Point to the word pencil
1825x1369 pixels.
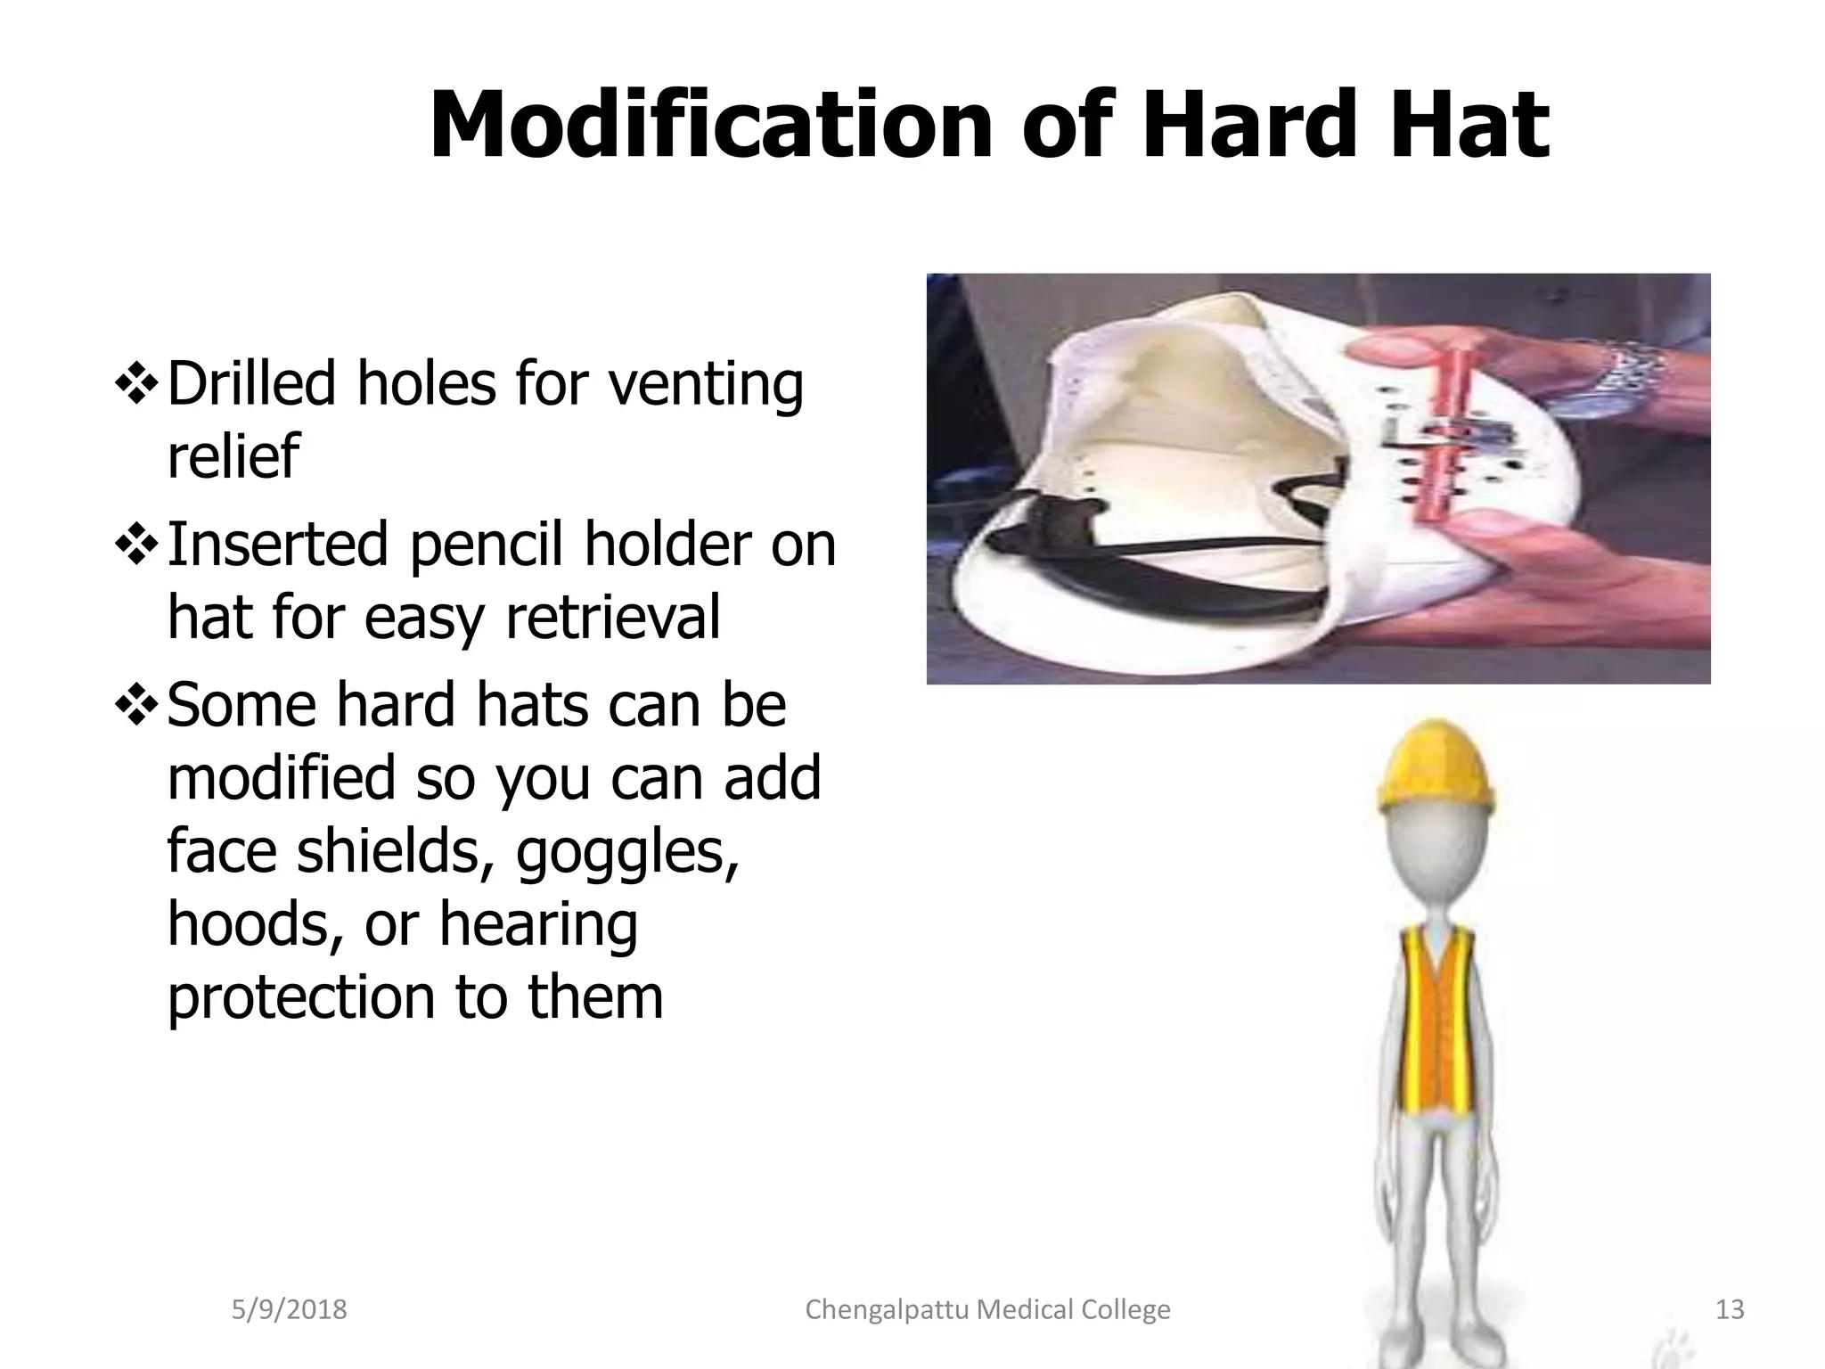pyautogui.click(x=486, y=545)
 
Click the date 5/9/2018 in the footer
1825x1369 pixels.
pyautogui.click(x=289, y=1309)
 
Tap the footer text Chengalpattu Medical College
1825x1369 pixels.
pyautogui.click(x=987, y=1309)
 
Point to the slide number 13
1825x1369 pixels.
pyautogui.click(x=1730, y=1309)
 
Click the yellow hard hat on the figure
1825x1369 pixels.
pyautogui.click(x=1435, y=766)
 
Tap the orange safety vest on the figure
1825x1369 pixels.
pyautogui.click(x=1435, y=1025)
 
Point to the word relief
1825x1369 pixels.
pyautogui.click(x=233, y=456)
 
